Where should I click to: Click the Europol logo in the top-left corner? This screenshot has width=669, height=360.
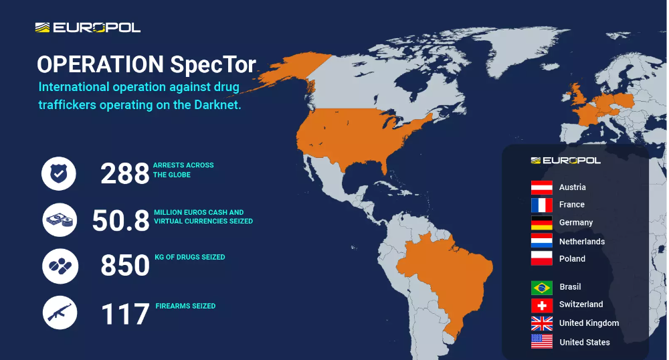click(x=88, y=27)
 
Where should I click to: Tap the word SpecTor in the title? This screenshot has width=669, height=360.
click(x=213, y=65)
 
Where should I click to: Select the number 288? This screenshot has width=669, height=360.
click(x=125, y=173)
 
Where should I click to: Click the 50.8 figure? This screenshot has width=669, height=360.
click(x=120, y=221)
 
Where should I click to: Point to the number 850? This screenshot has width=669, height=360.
click(x=125, y=265)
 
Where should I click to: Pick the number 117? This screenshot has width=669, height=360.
click(x=126, y=314)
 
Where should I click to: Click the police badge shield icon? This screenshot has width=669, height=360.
click(x=59, y=173)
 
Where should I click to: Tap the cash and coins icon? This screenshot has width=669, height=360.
click(x=60, y=220)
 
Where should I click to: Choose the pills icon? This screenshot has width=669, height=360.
click(x=60, y=266)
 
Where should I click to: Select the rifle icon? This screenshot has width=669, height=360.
click(x=60, y=312)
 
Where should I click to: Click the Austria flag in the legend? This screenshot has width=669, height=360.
click(x=542, y=187)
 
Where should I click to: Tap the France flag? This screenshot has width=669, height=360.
click(x=542, y=205)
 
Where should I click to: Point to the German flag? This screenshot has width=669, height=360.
click(x=542, y=223)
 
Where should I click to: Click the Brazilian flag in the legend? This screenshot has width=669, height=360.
click(x=542, y=288)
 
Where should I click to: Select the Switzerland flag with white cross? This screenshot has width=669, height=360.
click(x=542, y=305)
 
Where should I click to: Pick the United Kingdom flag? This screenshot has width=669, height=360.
click(x=542, y=323)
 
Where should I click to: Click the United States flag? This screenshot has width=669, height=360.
click(x=542, y=341)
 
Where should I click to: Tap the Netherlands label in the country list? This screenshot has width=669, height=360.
click(x=582, y=242)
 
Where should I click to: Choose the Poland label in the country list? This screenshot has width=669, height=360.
click(x=572, y=258)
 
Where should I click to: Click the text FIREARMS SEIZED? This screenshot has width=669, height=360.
click(x=185, y=306)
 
